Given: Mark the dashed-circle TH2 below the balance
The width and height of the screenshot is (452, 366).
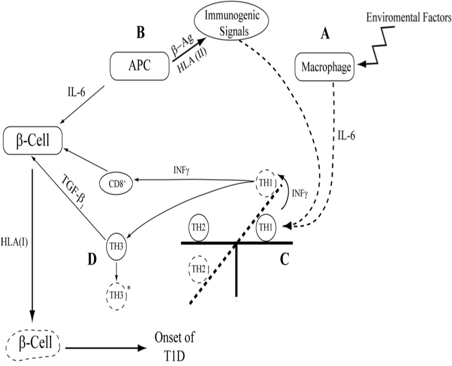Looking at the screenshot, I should tap(197, 268).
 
